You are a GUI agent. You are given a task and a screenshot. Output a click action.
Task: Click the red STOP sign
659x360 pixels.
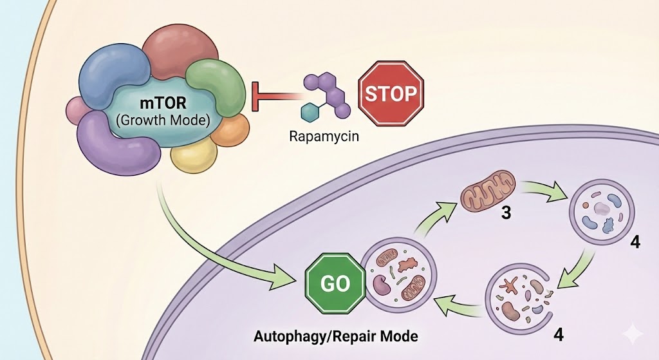pos(391,94)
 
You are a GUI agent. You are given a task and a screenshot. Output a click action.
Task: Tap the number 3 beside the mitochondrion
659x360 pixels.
pos(506,212)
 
